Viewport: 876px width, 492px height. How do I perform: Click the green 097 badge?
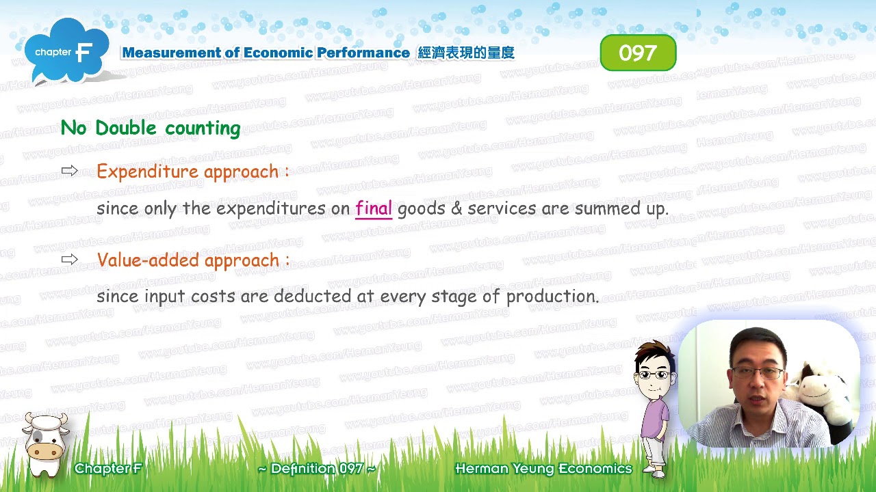[x=638, y=53]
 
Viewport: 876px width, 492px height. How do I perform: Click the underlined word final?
[x=374, y=208]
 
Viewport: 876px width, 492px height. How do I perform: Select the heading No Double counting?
[x=151, y=128]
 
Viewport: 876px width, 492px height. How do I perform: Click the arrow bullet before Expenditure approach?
[x=70, y=171]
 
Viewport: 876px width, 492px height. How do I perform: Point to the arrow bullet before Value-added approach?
[x=70, y=260]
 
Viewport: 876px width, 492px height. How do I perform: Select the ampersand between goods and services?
[x=456, y=208]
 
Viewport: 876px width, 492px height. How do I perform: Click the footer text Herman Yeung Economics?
[x=543, y=469]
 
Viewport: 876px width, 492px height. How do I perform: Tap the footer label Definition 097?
[x=316, y=469]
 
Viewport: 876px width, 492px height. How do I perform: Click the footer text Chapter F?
[x=108, y=469]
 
